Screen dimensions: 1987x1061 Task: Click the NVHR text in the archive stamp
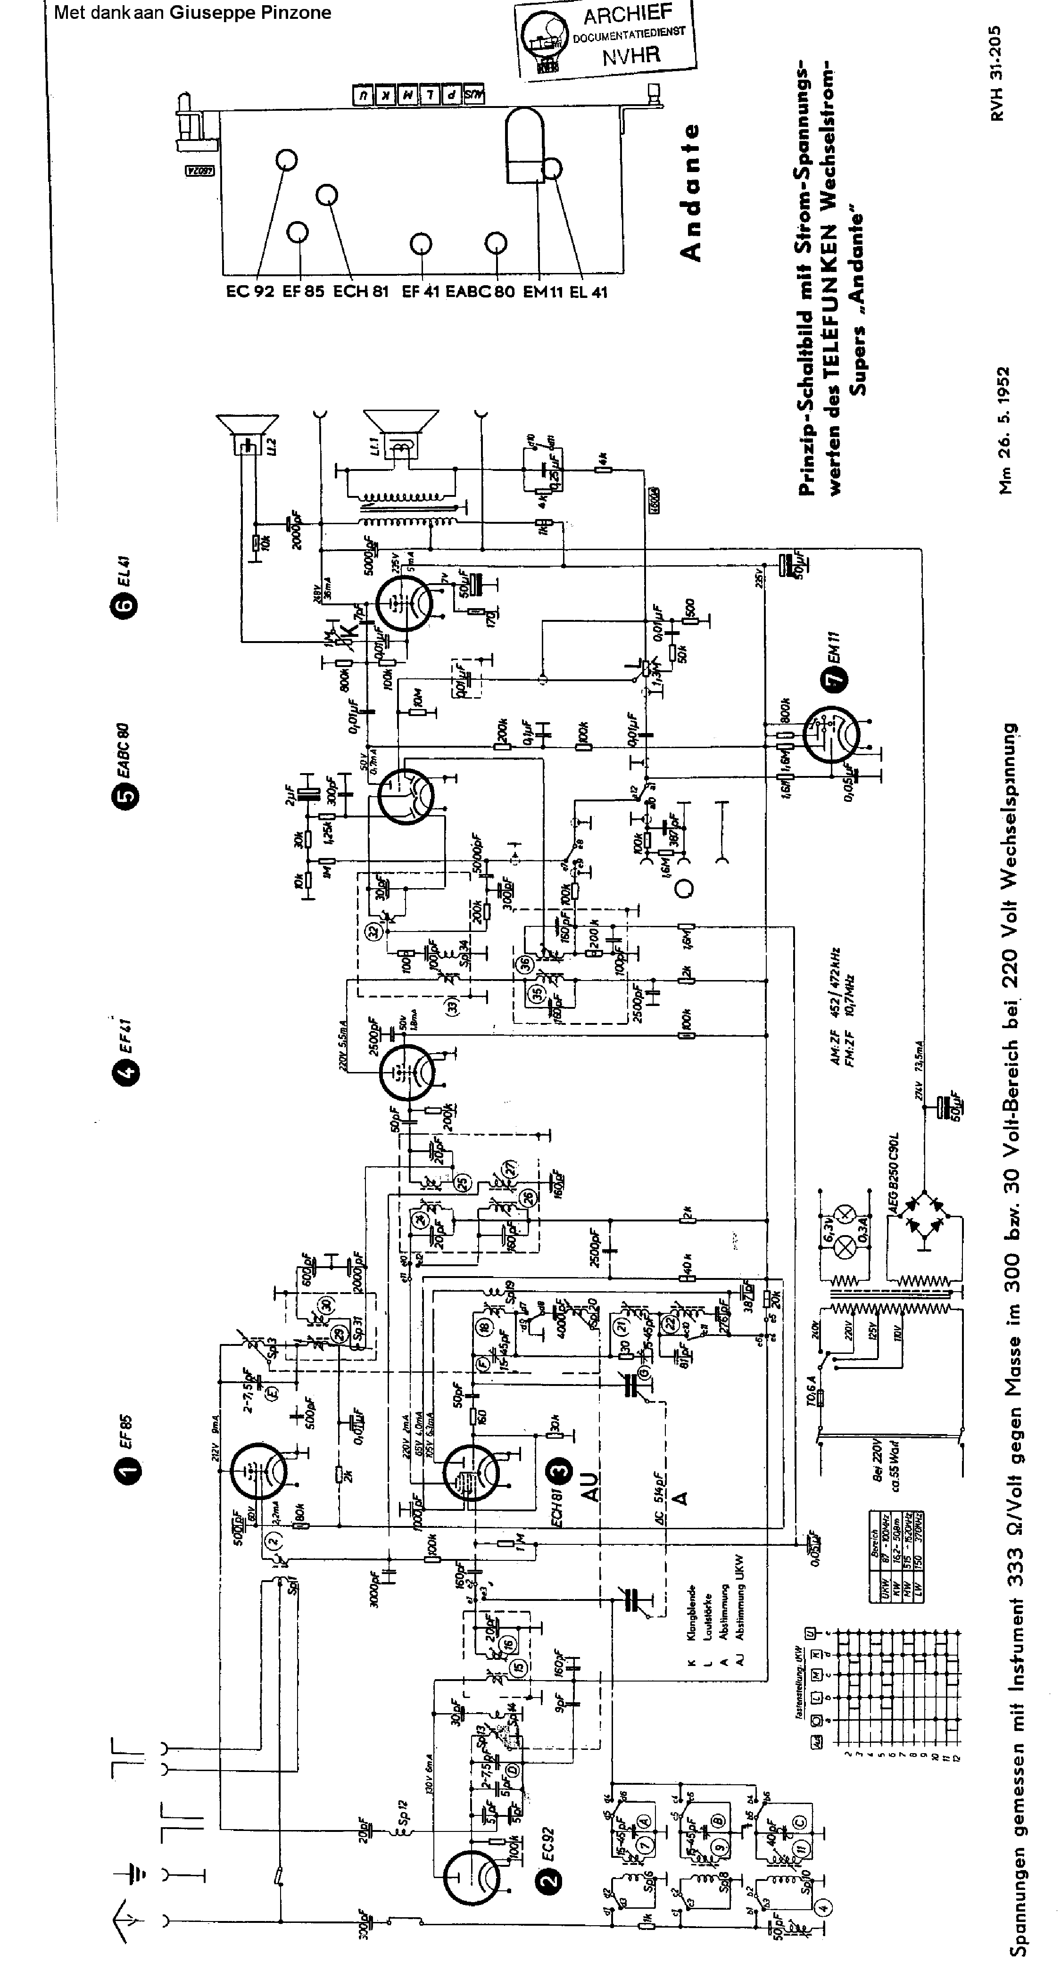click(631, 56)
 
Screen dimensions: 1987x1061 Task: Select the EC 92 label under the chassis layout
click(250, 292)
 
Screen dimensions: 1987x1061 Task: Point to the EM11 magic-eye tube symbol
click(831, 735)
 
